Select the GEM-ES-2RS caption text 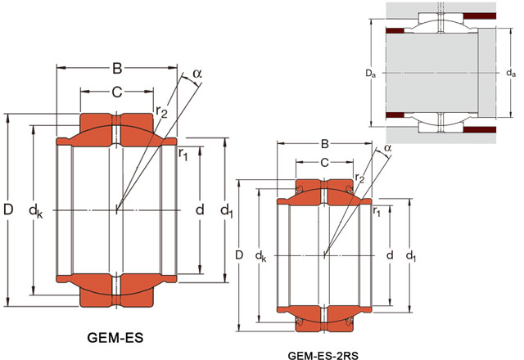coord(323,356)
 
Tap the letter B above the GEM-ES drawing coord(117,67)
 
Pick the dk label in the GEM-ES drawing coord(36,211)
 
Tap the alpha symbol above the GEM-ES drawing coord(196,75)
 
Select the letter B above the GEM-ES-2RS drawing coord(324,147)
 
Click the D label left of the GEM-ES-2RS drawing coord(239,256)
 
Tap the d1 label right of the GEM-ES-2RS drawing coord(412,257)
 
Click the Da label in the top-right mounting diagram coord(370,73)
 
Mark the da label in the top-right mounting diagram coord(511,73)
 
